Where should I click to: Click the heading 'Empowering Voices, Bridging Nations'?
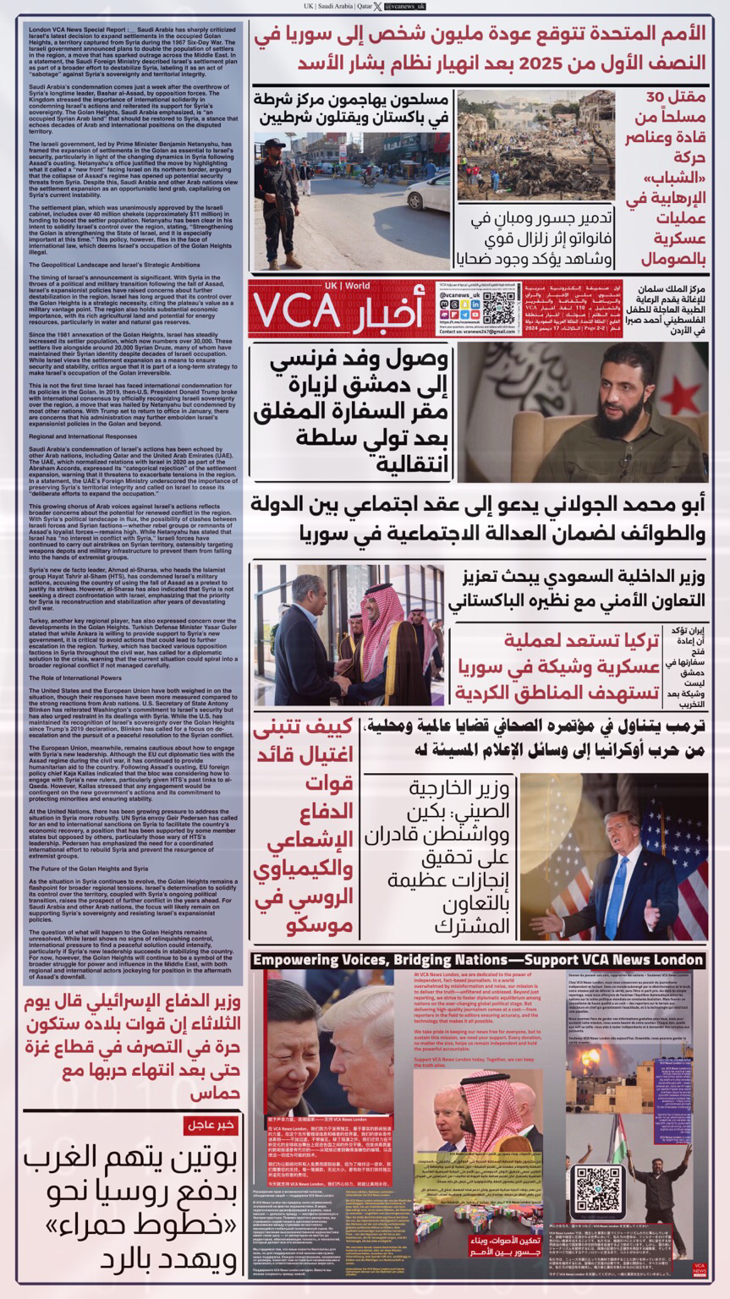click(x=479, y=960)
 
